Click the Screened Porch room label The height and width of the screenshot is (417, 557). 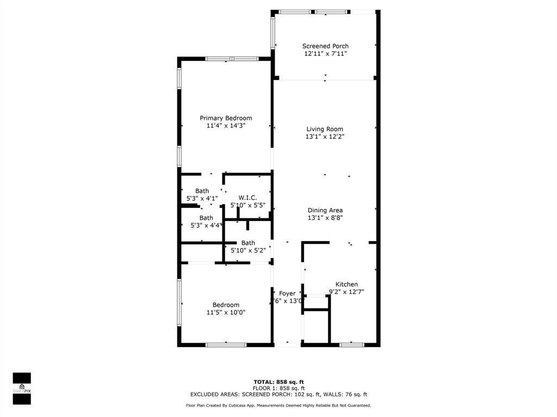click(x=325, y=46)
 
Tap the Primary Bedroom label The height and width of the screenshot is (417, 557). click(x=226, y=118)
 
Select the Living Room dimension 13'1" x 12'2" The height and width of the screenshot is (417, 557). click(x=325, y=137)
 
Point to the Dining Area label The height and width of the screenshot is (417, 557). click(x=325, y=210)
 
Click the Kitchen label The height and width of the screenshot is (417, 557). click(x=346, y=285)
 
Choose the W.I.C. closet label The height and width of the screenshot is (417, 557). click(x=247, y=198)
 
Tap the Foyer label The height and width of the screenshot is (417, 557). click(x=287, y=294)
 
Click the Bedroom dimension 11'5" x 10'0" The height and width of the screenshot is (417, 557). click(x=226, y=313)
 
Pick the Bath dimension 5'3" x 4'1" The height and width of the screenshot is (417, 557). click(x=202, y=199)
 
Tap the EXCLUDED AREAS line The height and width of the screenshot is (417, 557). click(x=278, y=395)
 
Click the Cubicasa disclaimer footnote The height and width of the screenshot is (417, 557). click(x=278, y=406)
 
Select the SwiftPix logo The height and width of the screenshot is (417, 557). click(x=22, y=388)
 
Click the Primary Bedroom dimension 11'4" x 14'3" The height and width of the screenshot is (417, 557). click(x=226, y=126)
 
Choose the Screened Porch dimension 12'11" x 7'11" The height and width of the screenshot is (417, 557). click(x=325, y=54)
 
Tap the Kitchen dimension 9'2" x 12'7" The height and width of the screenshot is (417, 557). click(x=346, y=292)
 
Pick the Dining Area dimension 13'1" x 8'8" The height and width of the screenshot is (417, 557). click(x=325, y=218)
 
